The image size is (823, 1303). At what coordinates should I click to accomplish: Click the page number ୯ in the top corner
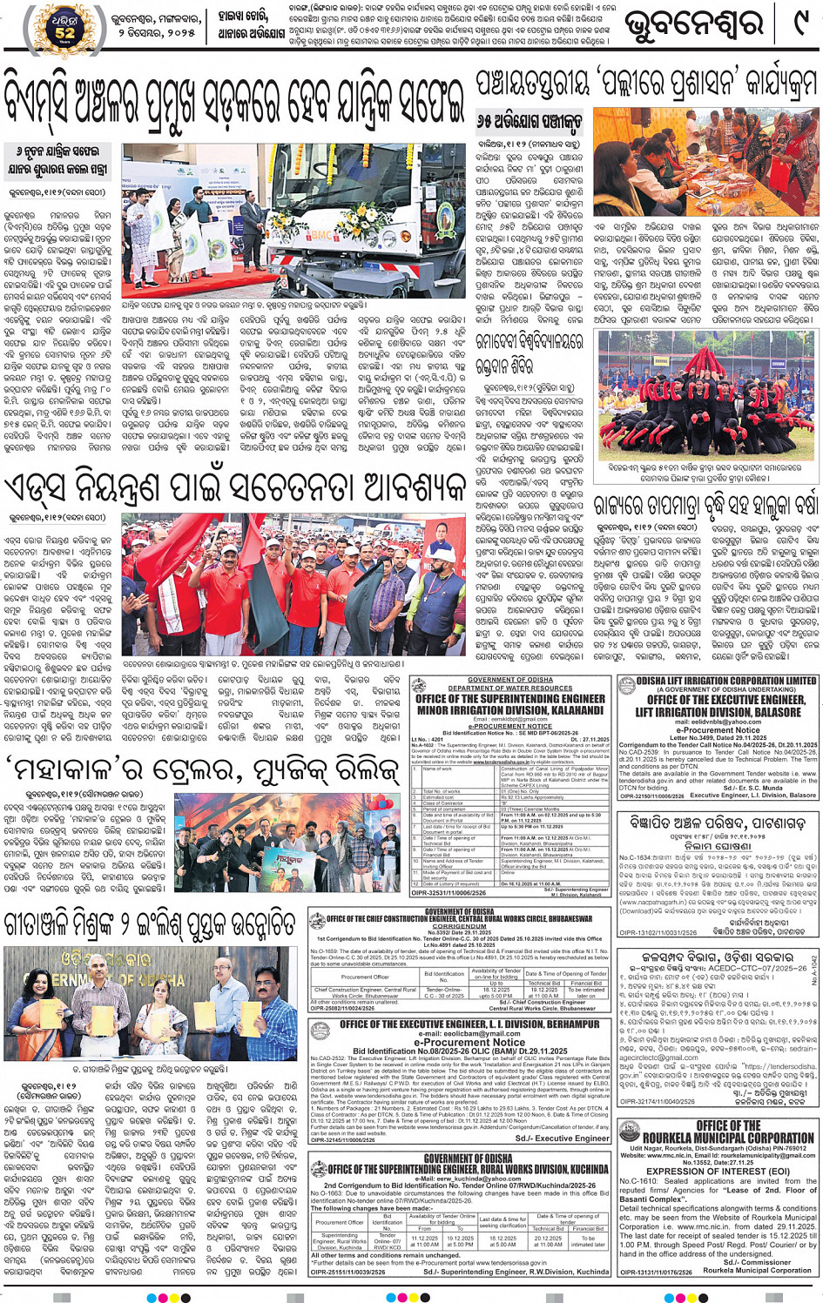click(x=798, y=24)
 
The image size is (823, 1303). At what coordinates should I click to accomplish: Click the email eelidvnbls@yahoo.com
click(x=718, y=722)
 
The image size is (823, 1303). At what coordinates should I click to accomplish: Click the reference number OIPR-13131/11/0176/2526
click(x=656, y=1272)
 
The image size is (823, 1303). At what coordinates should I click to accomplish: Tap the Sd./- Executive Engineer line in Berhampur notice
click(x=562, y=1138)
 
